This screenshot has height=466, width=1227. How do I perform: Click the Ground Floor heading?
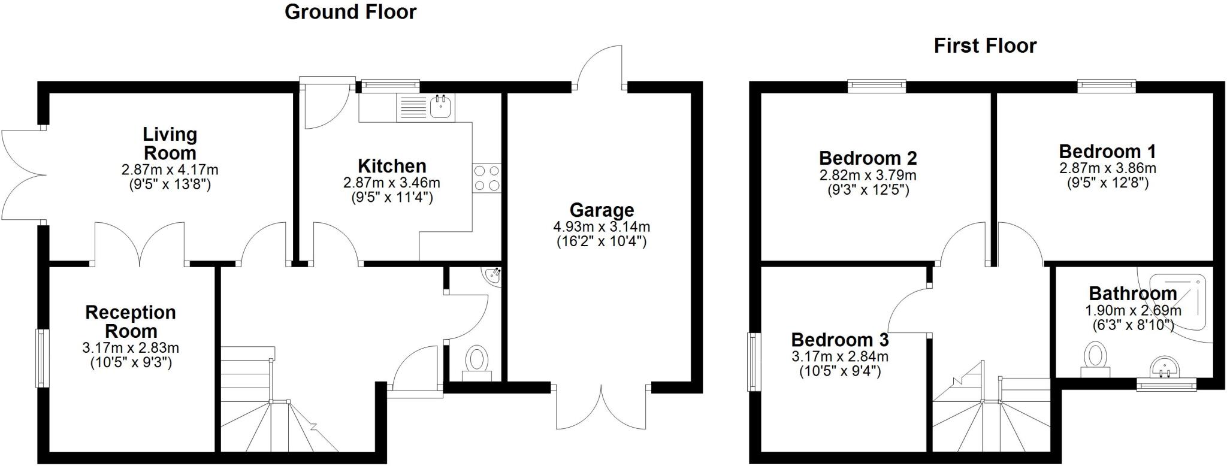tap(350, 12)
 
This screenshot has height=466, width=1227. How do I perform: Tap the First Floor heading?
tap(985, 46)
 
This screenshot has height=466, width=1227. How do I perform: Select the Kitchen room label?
tap(392, 166)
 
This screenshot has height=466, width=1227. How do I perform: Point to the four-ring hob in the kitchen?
tap(486, 178)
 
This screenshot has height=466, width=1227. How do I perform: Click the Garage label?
tap(602, 210)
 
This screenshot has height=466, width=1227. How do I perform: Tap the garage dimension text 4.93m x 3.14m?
tap(602, 227)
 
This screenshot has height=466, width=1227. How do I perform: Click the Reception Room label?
tap(131, 322)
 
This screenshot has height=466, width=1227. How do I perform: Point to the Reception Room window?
tap(41, 358)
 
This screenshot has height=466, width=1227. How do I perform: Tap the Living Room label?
tap(170, 143)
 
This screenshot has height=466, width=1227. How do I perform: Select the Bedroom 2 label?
tap(868, 159)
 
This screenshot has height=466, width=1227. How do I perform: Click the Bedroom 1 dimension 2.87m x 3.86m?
tap(1107, 168)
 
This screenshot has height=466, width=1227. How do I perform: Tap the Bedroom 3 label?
tap(840, 340)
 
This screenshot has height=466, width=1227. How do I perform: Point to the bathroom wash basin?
tap(1165, 366)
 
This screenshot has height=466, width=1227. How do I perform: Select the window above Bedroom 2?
tap(877, 87)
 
